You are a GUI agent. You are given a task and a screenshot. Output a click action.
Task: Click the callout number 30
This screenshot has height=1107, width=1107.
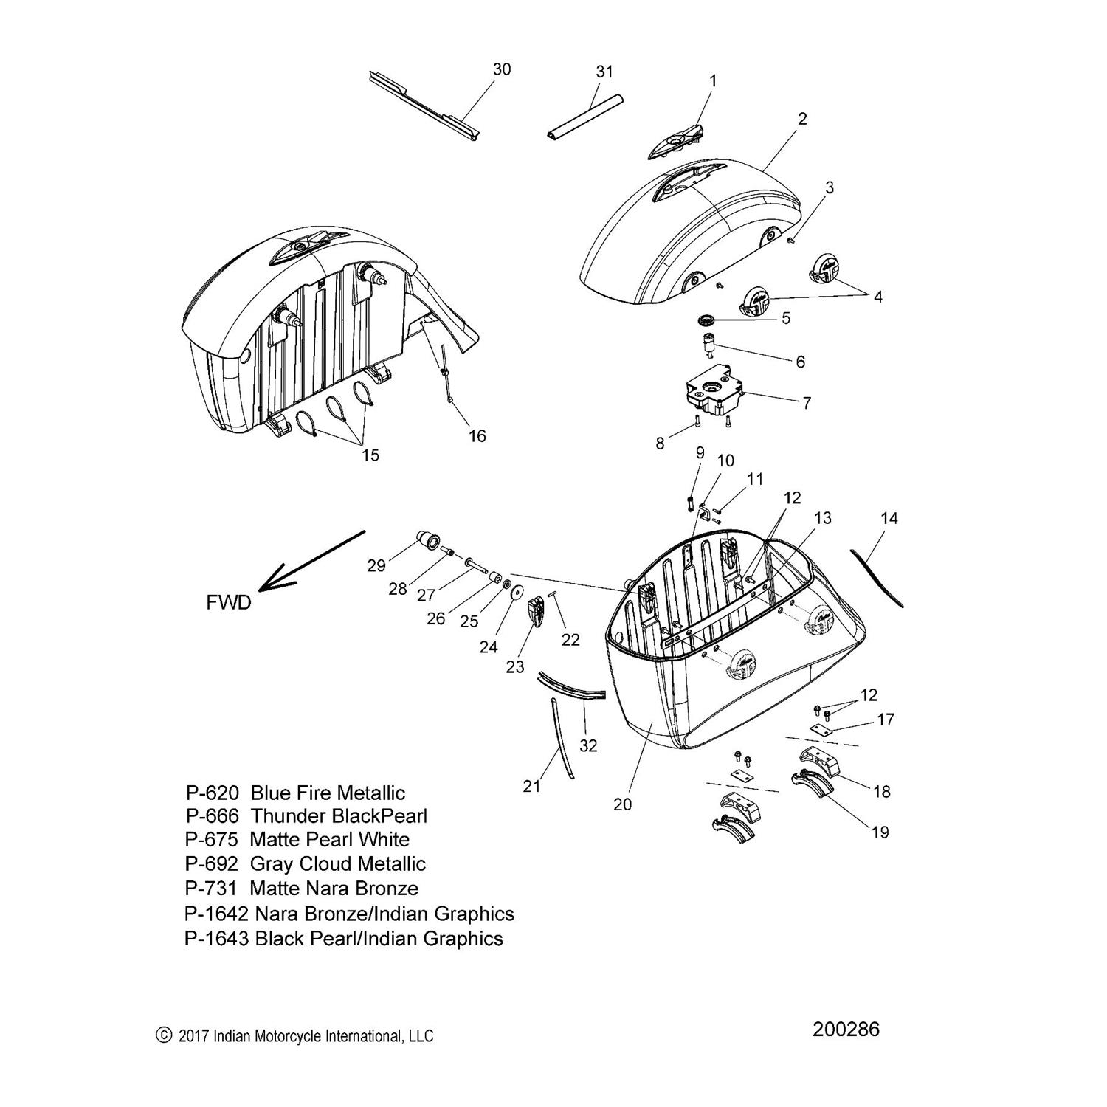click(x=502, y=69)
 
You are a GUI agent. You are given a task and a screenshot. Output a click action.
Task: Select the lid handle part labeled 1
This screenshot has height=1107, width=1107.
click(x=676, y=141)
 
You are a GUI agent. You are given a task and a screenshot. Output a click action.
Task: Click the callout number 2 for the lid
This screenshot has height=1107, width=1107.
click(x=802, y=119)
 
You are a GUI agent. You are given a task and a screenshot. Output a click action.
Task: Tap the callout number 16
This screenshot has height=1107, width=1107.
click(x=477, y=436)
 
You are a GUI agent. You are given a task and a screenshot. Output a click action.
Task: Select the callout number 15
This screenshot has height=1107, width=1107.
click(x=370, y=455)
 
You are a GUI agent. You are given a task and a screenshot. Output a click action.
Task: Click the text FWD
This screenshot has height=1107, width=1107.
click(x=229, y=602)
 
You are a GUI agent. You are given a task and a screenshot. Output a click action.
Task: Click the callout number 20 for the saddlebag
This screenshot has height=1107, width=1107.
click(x=622, y=804)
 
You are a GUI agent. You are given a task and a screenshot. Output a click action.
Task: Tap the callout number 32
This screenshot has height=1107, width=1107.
click(x=587, y=746)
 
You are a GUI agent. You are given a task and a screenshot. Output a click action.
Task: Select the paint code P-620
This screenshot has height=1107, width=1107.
click(x=213, y=793)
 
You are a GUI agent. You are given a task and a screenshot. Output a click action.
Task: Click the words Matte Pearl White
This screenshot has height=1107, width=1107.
click(x=329, y=840)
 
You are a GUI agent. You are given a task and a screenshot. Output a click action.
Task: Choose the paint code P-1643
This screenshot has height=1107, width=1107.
click(x=218, y=939)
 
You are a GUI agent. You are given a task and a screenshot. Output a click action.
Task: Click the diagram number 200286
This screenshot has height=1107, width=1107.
click(x=846, y=1029)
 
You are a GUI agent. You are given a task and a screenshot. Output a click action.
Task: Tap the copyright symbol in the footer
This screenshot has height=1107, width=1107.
click(x=164, y=1035)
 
